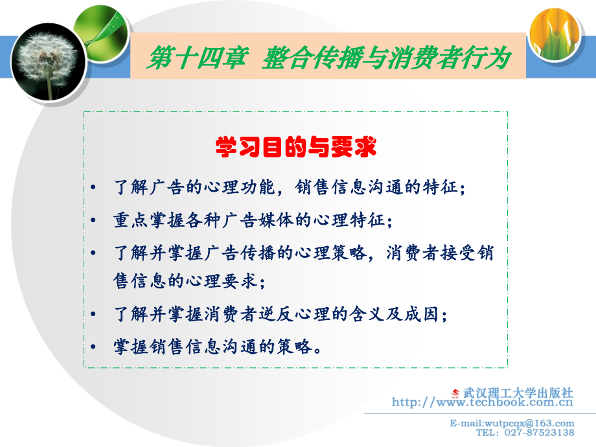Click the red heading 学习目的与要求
pyautogui.click(x=295, y=147)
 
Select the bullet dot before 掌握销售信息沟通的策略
pyautogui.click(x=95, y=347)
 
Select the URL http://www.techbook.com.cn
pyautogui.click(x=483, y=403)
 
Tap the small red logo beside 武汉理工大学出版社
pyautogui.click(x=455, y=393)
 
